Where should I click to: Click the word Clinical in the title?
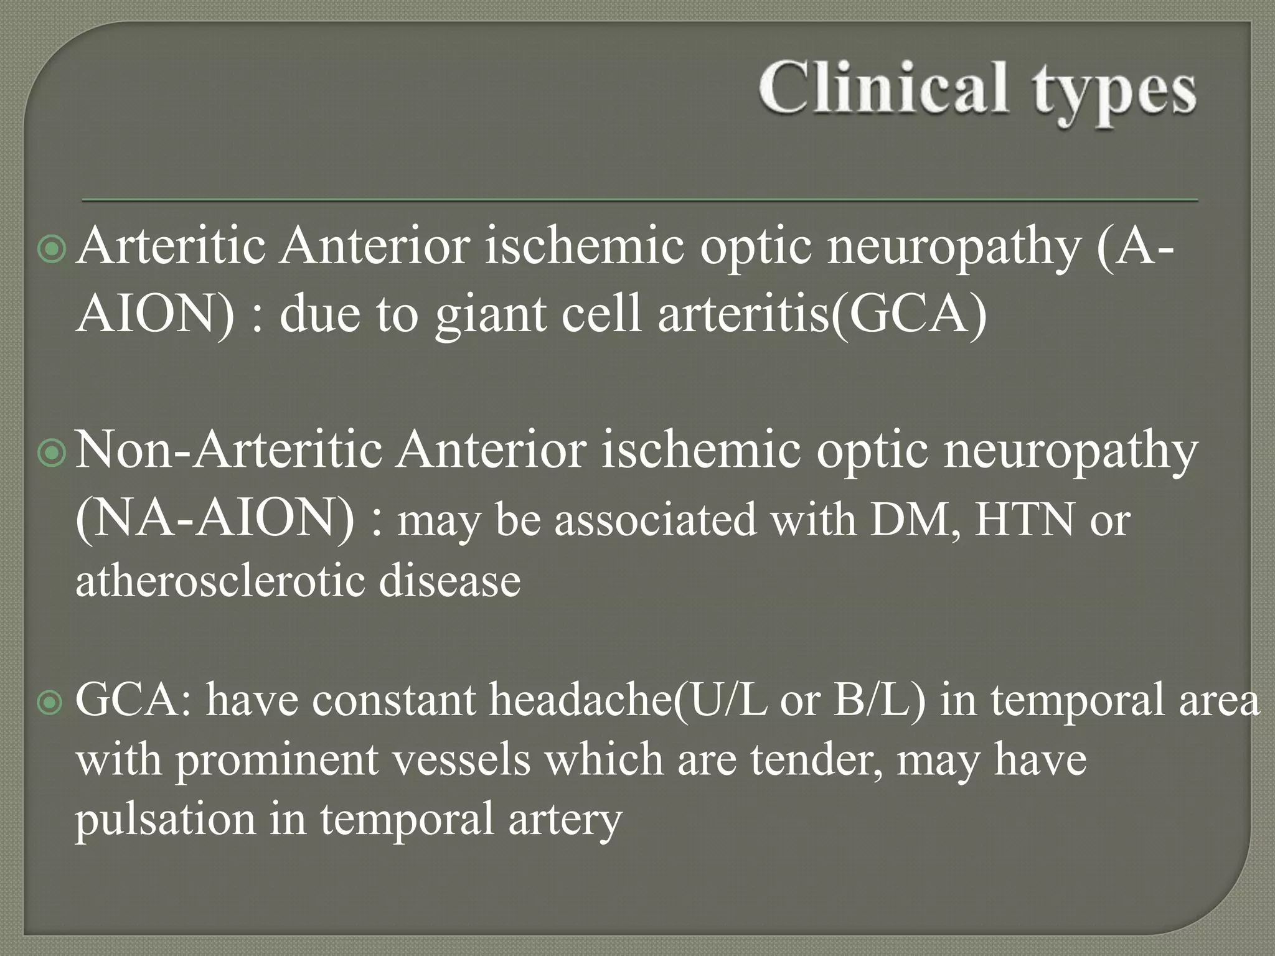tap(883, 88)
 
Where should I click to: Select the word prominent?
tap(277, 760)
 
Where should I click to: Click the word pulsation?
tap(166, 820)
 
